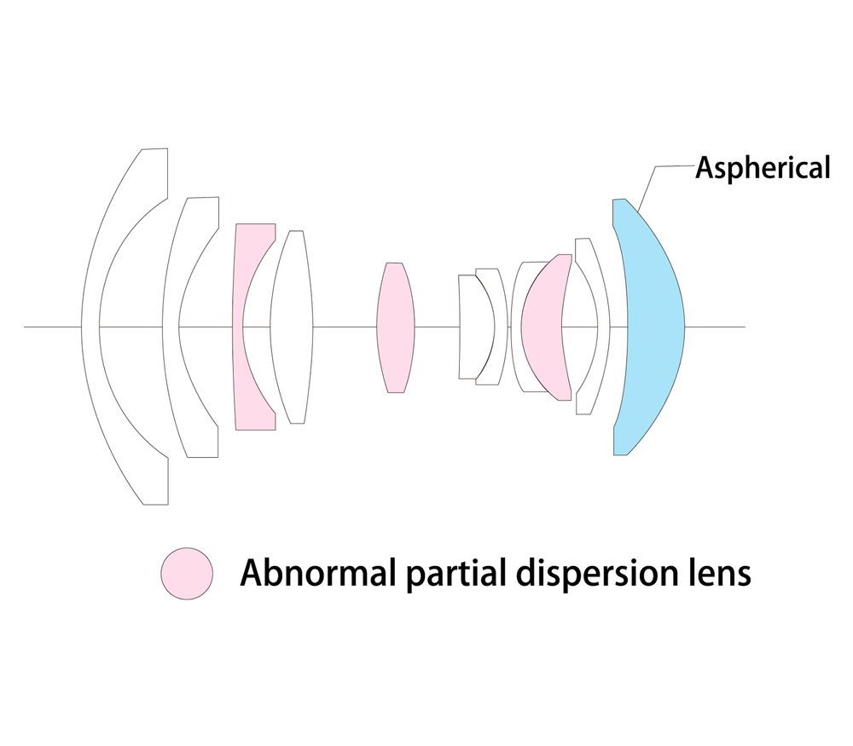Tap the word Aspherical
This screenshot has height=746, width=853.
pyautogui.click(x=763, y=167)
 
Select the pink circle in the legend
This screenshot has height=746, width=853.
pyautogui.click(x=187, y=574)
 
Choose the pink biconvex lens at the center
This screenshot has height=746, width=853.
pyautogui.click(x=396, y=327)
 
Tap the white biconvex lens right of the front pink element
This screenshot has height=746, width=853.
pyautogui.click(x=292, y=327)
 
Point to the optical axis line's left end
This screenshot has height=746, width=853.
pyautogui.click(x=25, y=327)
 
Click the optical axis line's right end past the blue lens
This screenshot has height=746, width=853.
pyautogui.click(x=745, y=327)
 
